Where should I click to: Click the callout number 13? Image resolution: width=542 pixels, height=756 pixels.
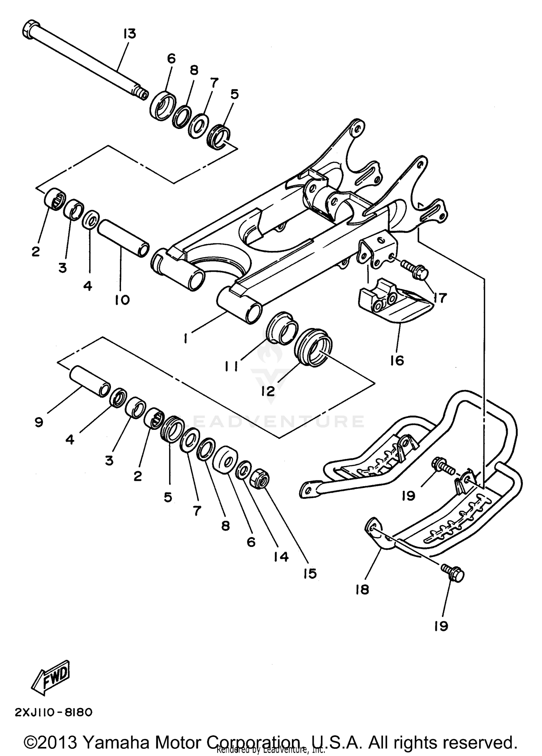click(129, 34)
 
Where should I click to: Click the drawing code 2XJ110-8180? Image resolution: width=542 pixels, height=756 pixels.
click(53, 712)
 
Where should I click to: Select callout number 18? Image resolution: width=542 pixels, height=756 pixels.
click(362, 589)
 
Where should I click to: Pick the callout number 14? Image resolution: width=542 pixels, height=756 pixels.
click(281, 557)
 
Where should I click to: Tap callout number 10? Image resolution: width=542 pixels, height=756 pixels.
click(122, 299)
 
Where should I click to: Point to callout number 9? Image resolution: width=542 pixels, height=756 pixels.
click(39, 422)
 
